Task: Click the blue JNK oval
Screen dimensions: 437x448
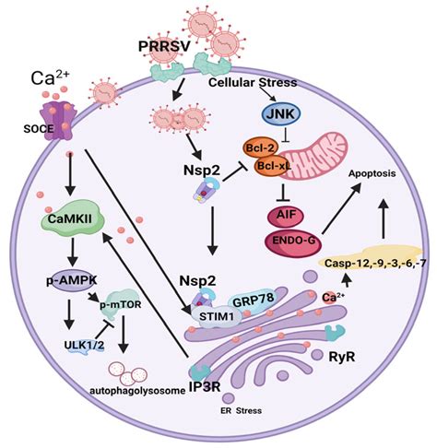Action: tap(280, 114)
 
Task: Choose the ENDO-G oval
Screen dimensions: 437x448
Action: tap(293, 241)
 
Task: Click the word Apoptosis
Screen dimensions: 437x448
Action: tap(372, 174)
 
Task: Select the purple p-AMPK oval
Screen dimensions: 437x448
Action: tap(72, 280)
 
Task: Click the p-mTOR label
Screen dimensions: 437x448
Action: tap(121, 304)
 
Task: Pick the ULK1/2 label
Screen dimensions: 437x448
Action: tap(84, 345)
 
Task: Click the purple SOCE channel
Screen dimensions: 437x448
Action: tap(58, 121)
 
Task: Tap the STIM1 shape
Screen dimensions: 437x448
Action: tap(217, 316)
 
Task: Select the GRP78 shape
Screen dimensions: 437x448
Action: tap(253, 301)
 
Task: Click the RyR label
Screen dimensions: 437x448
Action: tap(342, 357)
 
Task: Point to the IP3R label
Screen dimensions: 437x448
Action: tap(205, 386)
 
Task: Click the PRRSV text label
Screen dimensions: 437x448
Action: tap(164, 46)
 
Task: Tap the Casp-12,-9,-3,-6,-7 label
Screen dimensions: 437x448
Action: tap(375, 264)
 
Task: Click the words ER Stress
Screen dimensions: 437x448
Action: tap(242, 410)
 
